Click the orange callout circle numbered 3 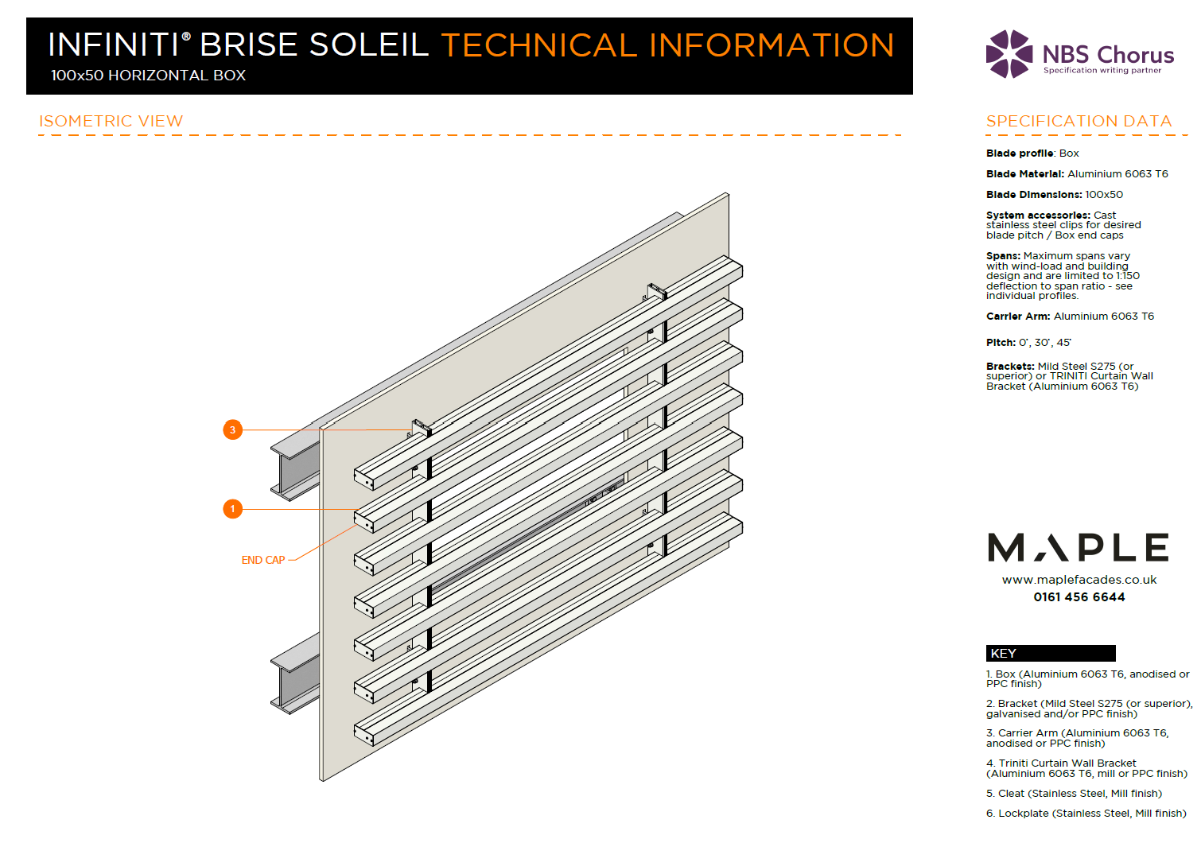[232, 430]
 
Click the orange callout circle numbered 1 [232, 508]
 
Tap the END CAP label [263, 561]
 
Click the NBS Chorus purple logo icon [1009, 54]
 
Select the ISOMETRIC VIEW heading [111, 122]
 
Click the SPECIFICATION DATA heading [1079, 122]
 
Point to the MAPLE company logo [1078, 548]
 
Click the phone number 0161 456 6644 [1079, 597]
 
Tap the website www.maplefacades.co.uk [1079, 580]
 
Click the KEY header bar [1050, 654]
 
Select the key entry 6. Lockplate [1086, 814]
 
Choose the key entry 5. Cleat [1074, 794]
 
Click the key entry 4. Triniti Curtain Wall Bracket [1086, 768]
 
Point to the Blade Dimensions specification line [1055, 195]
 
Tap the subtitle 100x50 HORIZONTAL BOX [148, 76]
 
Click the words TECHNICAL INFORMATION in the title [667, 45]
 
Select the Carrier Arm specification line [1070, 317]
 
